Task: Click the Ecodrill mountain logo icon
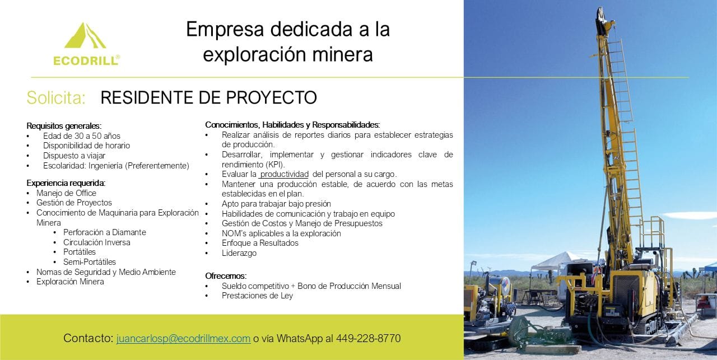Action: coord(85,36)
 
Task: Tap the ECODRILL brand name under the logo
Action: coord(86,60)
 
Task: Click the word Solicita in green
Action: coord(57,97)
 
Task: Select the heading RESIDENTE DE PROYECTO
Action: coord(209,97)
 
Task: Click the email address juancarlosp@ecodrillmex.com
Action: coord(183,338)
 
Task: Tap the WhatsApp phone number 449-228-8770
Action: coord(368,338)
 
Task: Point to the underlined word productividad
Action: coord(285,174)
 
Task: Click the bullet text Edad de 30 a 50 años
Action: coord(82,136)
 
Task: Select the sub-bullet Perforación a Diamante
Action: coord(105,232)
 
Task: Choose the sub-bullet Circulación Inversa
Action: coord(97,242)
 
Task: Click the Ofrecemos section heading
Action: coord(226,276)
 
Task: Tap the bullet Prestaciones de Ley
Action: coord(257,296)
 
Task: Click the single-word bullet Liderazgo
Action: coord(239,253)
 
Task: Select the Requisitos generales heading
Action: coord(64,126)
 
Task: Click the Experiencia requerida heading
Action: coord(66,183)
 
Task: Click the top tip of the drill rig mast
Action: coord(599,8)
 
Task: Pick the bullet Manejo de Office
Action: coord(66,193)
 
